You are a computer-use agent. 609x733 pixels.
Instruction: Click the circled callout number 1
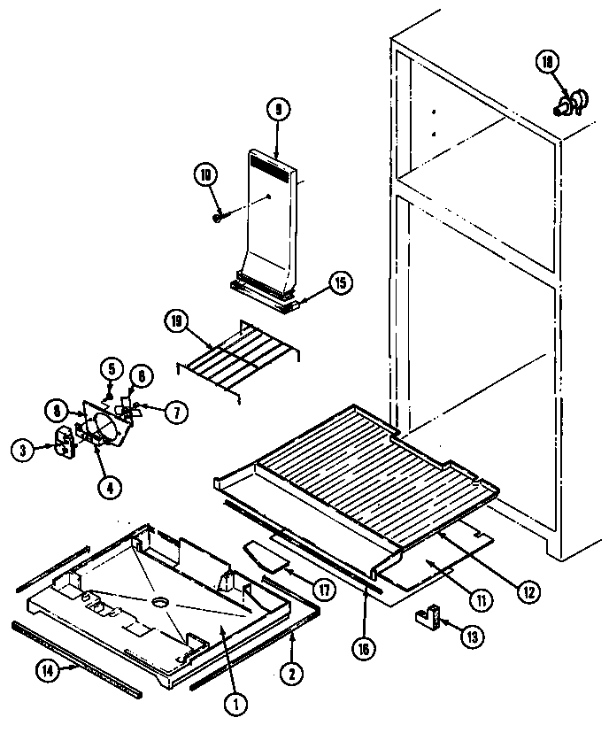(235, 705)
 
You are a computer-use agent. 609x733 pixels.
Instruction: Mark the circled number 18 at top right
(547, 61)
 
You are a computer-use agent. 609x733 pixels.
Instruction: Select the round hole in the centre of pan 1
(159, 602)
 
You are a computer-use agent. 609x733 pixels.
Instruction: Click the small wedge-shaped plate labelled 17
(266, 555)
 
